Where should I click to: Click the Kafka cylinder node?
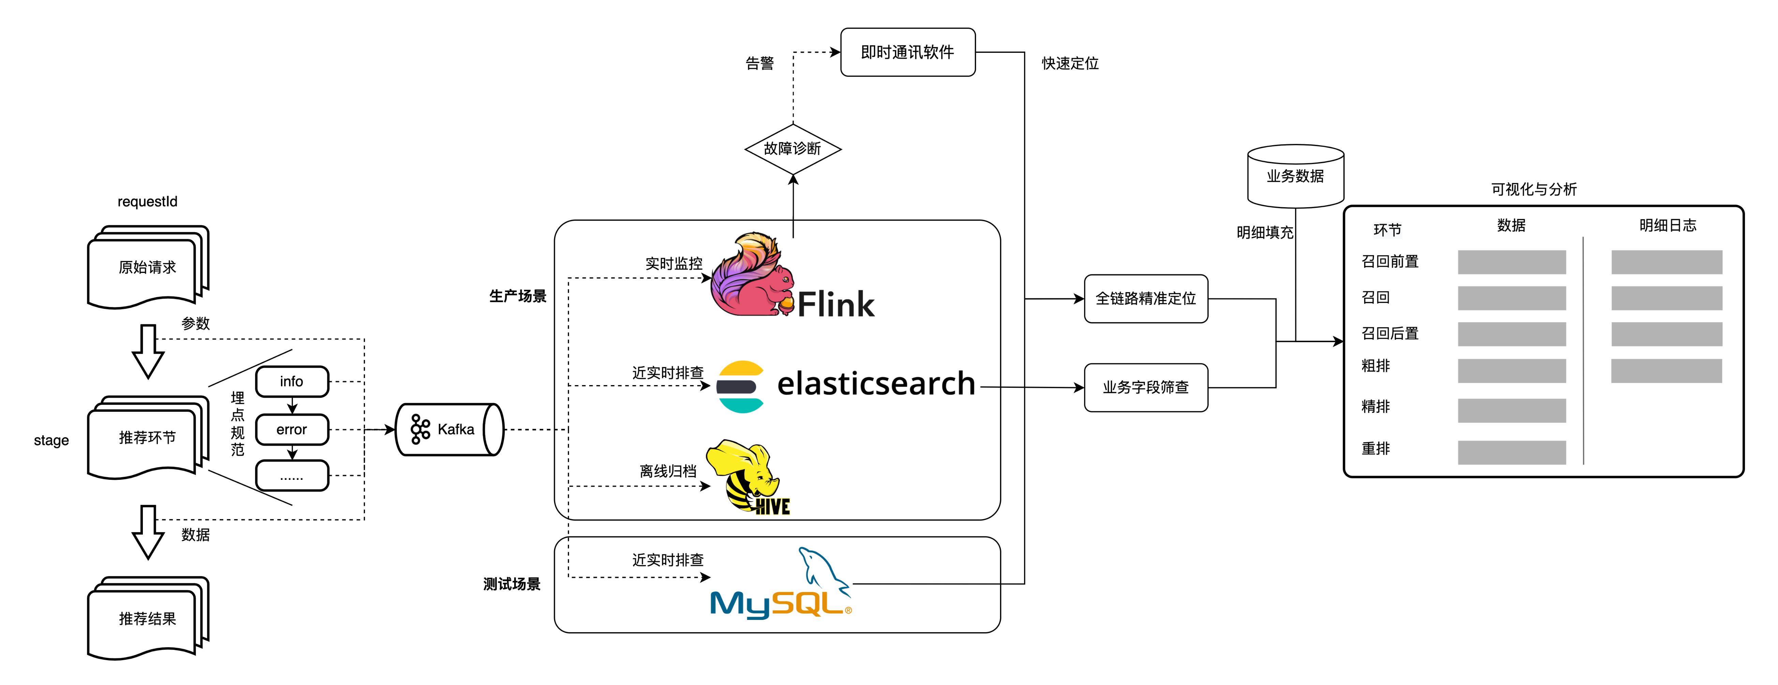point(449,429)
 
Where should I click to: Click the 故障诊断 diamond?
point(792,148)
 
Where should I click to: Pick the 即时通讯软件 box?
point(907,52)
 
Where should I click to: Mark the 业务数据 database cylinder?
point(1296,176)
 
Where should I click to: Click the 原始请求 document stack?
point(147,267)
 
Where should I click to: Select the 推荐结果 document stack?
point(147,618)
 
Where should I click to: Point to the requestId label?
point(147,201)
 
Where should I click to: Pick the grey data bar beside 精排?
point(1512,410)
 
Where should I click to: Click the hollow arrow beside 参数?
point(148,350)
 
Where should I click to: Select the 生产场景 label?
point(518,296)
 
